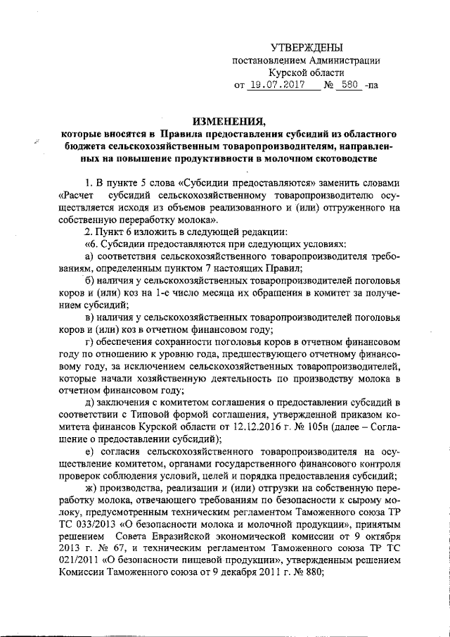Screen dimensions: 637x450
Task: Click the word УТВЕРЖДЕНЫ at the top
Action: pos(307,48)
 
